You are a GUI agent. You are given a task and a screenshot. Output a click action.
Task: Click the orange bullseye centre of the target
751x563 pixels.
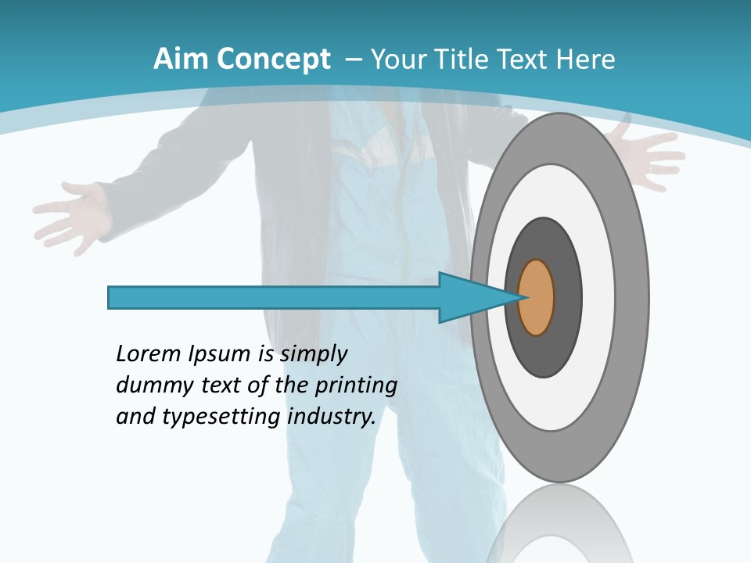[x=537, y=298]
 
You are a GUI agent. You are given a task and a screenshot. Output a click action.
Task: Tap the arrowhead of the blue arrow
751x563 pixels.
[x=469, y=298]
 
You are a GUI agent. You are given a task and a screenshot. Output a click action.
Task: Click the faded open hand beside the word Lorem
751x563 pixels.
[x=74, y=215]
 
